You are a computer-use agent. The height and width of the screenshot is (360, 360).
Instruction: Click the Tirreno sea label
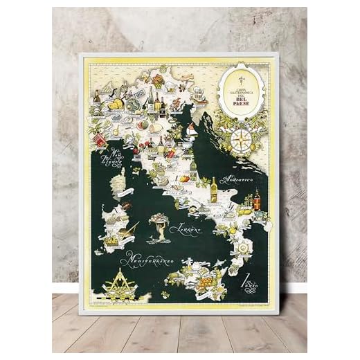pos(188,228)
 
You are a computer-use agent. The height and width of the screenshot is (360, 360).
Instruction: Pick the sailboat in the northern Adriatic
pos(192,129)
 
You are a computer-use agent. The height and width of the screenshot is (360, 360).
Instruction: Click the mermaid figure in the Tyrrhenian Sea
pos(160,225)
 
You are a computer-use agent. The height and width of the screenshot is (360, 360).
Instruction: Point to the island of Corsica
pos(120,183)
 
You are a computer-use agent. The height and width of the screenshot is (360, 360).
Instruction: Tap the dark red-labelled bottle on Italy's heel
pos(257,200)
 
